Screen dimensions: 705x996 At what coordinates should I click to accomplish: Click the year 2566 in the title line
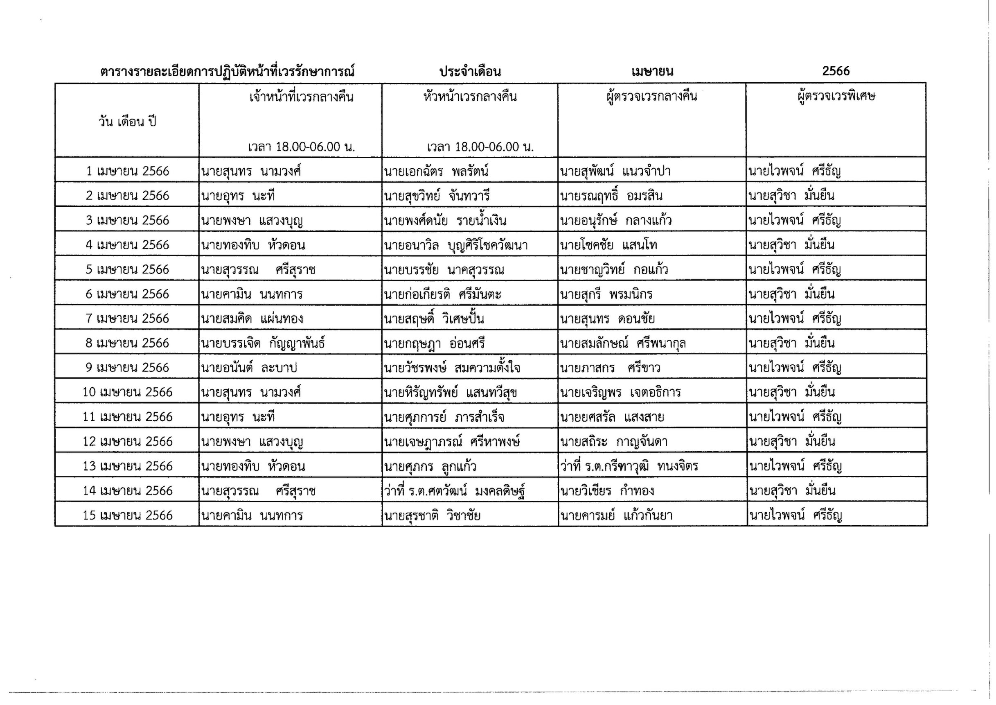point(836,71)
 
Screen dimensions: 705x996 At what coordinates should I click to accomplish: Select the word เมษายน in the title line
point(652,72)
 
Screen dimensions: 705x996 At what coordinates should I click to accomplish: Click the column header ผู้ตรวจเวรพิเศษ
point(836,96)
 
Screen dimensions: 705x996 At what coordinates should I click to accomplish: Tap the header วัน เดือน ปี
point(127,122)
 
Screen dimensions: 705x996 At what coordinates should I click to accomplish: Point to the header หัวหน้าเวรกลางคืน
point(470,96)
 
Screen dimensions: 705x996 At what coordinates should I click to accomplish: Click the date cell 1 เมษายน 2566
point(127,171)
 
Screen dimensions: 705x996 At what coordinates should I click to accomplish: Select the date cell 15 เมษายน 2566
point(127,515)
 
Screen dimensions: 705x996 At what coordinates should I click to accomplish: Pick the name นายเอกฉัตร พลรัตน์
point(436,171)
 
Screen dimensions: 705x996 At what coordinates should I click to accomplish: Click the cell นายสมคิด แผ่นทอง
point(252,319)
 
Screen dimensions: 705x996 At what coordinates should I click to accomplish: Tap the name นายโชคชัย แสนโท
point(608,245)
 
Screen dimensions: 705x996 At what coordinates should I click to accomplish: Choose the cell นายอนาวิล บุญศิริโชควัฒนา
point(455,245)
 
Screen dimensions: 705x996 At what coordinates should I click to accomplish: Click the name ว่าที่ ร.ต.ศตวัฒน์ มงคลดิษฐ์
point(454,491)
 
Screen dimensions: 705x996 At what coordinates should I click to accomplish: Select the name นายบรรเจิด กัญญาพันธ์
point(263,343)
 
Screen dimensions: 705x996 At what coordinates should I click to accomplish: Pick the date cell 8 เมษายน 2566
point(127,343)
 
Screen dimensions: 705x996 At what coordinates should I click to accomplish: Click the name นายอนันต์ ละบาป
point(249,368)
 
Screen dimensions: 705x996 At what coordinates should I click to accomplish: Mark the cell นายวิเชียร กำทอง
point(607,491)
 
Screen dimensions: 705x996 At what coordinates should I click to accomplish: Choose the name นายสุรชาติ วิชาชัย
point(432,515)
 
